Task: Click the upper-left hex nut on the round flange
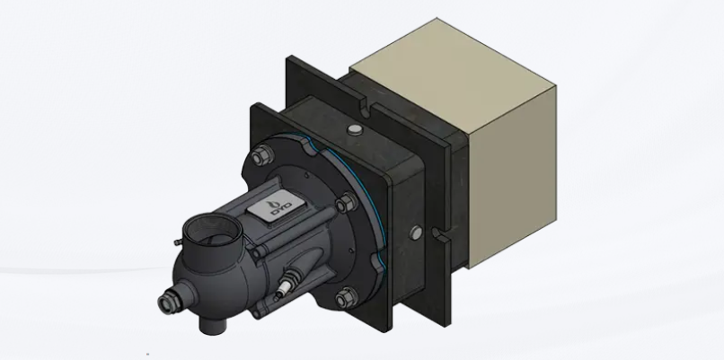[261, 155]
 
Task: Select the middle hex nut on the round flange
[347, 203]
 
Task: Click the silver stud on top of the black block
[355, 130]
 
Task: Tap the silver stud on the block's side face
[416, 233]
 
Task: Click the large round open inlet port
[212, 231]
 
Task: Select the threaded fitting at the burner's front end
[167, 303]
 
